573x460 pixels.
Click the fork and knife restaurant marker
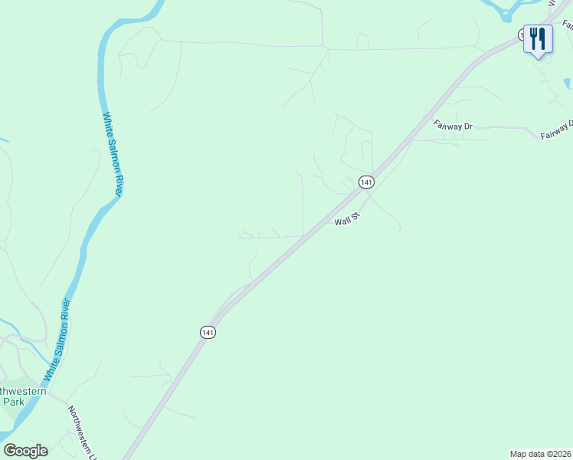[x=538, y=38]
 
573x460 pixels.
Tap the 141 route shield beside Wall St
[x=366, y=182]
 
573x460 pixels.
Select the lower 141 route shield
[x=208, y=332]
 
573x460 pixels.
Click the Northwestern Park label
[x=21, y=396]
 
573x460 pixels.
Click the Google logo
[x=25, y=451]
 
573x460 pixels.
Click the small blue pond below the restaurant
[x=567, y=84]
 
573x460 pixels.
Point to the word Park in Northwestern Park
[x=15, y=401]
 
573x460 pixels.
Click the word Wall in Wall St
[x=342, y=222]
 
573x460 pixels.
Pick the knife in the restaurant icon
[x=542, y=38]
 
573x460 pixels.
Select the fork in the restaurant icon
[x=533, y=38]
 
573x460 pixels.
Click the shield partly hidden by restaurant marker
[x=521, y=35]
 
